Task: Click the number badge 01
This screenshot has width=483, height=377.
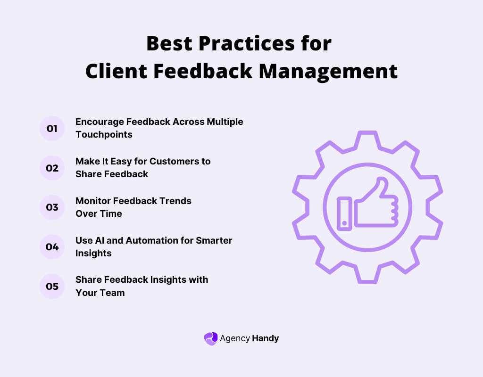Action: click(52, 128)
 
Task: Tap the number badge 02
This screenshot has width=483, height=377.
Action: click(52, 168)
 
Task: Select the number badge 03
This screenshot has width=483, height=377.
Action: click(52, 207)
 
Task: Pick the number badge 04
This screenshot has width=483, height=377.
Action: click(52, 247)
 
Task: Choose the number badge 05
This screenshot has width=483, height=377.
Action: click(52, 287)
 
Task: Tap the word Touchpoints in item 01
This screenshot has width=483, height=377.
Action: click(104, 134)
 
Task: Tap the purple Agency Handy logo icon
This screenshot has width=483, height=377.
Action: click(210, 338)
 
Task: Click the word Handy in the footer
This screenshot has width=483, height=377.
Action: click(266, 338)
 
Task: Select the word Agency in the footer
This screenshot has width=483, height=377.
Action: click(234, 338)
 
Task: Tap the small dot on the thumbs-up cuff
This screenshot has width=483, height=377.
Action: click(345, 222)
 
